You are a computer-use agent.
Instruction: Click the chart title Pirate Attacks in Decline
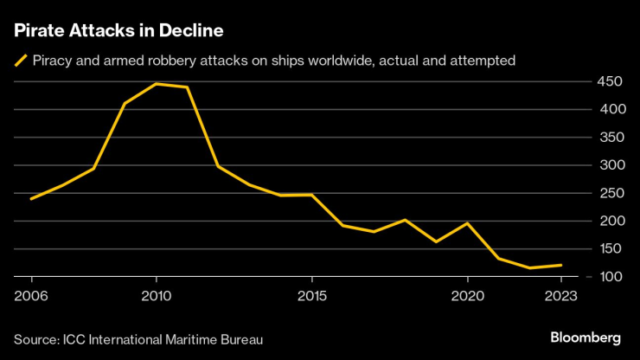(x=118, y=32)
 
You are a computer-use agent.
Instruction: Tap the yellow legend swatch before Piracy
(x=19, y=61)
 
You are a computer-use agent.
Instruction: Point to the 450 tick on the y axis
(x=607, y=81)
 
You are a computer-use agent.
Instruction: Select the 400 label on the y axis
(x=607, y=109)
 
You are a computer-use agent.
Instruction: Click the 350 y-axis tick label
(x=607, y=137)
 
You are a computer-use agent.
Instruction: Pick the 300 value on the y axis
(x=607, y=164)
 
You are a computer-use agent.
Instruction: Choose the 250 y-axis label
(x=607, y=193)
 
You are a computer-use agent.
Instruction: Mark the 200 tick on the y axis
(x=607, y=221)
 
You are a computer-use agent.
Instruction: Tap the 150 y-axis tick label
(x=607, y=248)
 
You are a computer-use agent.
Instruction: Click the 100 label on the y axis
(x=607, y=276)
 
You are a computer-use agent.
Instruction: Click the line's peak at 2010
(x=156, y=84)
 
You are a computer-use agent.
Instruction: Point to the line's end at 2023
(x=561, y=265)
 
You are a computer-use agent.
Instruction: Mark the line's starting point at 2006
(x=31, y=198)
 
